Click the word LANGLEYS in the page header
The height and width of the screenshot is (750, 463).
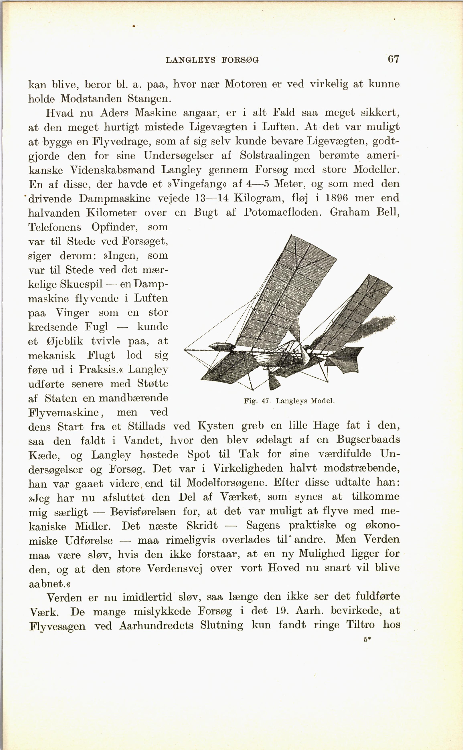coord(190,60)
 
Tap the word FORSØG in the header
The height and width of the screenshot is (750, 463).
coord(240,60)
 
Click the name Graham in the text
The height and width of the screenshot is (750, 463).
coord(349,212)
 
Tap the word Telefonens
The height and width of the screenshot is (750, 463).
coord(55,227)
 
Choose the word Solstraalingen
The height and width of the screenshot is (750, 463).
coord(275,156)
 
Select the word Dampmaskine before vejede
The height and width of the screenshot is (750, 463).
coord(114,199)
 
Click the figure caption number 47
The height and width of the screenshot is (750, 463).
coord(265,401)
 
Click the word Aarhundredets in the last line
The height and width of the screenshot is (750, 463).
coord(156,625)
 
